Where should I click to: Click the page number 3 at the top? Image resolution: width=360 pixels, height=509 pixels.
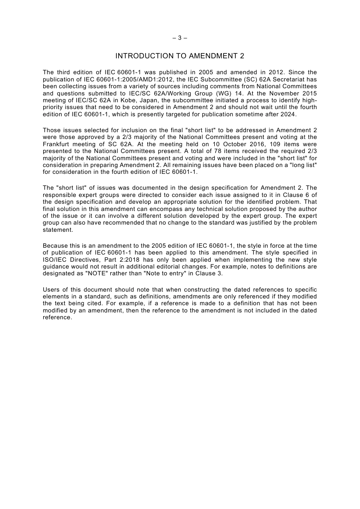[x=180, y=38]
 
